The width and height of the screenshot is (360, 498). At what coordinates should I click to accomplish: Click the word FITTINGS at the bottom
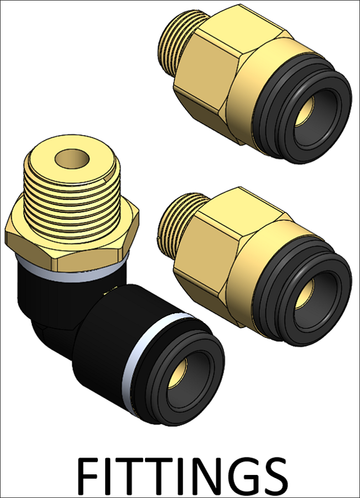click(x=182, y=476)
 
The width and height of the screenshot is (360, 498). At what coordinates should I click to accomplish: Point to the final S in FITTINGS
click(x=274, y=476)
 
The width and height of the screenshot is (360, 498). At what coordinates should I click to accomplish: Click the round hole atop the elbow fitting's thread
click(x=72, y=158)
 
